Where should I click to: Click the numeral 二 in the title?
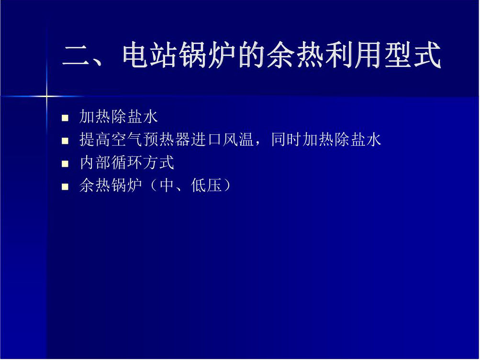tap(76, 55)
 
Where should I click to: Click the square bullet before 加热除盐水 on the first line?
tap(65, 118)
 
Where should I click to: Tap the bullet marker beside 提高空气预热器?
tap(65, 141)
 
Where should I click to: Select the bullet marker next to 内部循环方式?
tap(65, 164)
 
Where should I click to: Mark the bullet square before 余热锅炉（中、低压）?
tap(65, 186)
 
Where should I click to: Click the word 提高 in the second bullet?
tap(95, 139)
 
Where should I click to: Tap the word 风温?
tap(238, 139)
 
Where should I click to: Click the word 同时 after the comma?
tap(287, 139)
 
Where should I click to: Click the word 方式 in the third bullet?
tap(158, 162)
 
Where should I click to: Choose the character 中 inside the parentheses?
tap(167, 185)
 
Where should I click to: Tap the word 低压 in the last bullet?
tap(206, 185)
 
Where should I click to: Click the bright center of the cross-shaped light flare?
tap(46, 97)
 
